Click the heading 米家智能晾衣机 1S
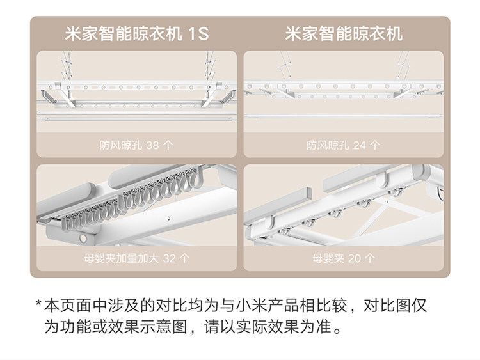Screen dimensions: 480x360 tap(137, 33)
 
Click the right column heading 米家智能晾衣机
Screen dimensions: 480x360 tap(344, 33)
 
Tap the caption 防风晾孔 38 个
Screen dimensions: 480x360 tap(136, 145)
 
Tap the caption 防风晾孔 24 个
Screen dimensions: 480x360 tap(343, 145)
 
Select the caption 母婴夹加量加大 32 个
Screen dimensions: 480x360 tap(136, 259)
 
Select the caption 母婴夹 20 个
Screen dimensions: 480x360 tap(344, 259)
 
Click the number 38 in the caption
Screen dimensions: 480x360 tap(152, 145)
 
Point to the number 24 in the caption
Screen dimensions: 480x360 tap(359, 145)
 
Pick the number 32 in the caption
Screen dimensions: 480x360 tap(169, 259)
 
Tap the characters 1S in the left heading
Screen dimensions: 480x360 tap(199, 33)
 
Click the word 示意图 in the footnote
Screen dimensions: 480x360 tap(159, 329)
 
